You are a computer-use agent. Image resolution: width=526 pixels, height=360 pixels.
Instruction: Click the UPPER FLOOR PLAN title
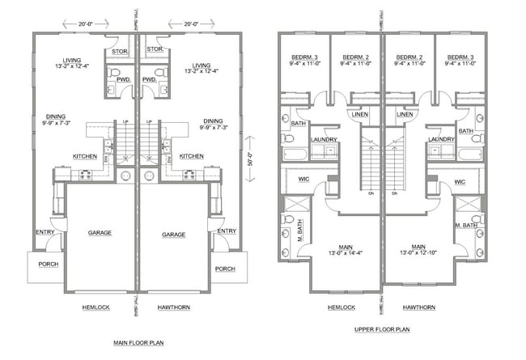click(382, 329)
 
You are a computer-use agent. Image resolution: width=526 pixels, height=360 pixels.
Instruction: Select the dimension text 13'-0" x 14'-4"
click(344, 254)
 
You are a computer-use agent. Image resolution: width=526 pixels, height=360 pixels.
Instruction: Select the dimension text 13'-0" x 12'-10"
click(418, 254)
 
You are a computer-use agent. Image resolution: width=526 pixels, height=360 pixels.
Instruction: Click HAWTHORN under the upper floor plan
click(418, 307)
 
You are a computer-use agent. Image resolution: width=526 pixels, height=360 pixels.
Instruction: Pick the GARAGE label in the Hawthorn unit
click(174, 234)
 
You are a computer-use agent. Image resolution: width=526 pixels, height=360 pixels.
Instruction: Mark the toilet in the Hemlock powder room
click(122, 70)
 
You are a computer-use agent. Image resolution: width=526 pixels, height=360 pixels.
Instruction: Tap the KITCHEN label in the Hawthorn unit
click(192, 156)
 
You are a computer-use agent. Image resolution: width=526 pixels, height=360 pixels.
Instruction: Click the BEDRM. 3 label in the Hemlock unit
click(305, 57)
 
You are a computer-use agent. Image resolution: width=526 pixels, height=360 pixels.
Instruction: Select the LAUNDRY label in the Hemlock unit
click(323, 138)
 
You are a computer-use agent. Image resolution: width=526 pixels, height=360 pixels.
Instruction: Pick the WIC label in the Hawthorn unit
click(460, 182)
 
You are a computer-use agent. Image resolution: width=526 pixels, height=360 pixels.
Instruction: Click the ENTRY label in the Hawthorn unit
click(227, 231)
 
